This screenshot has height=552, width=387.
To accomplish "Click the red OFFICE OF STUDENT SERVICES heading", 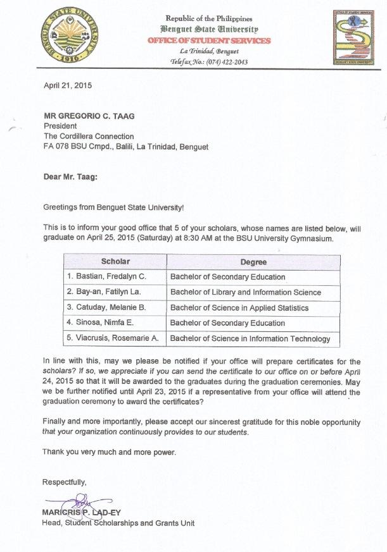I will [208, 40].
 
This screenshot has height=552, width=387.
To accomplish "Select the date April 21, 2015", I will [67, 86].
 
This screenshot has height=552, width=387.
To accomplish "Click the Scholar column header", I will [115, 262].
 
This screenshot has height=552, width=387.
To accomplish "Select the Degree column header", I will [253, 262].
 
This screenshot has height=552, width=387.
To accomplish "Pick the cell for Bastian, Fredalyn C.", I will [106, 277].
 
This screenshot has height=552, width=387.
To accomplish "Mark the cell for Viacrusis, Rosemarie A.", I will [113, 338].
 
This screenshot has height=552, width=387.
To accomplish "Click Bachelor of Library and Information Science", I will [246, 292].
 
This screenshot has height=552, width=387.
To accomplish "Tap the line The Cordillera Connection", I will [88, 136].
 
